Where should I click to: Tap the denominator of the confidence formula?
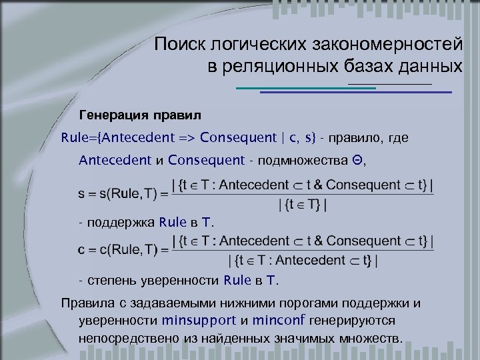pos(303,261)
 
